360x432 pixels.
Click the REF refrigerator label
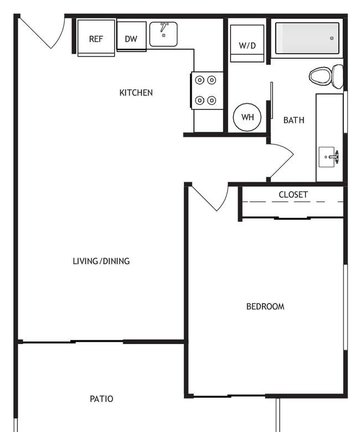click(96, 39)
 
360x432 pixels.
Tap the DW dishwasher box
click(131, 37)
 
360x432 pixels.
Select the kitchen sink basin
click(163, 34)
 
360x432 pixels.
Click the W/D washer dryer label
click(248, 45)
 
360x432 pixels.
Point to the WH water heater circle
click(247, 117)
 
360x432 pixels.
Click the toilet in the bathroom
click(326, 76)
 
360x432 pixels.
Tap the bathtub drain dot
click(332, 38)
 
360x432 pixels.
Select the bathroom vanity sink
click(328, 157)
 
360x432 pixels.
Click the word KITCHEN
click(136, 92)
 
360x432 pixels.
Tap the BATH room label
click(294, 120)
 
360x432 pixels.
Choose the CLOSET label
click(293, 194)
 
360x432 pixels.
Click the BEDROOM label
click(265, 306)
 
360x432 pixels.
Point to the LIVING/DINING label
click(101, 261)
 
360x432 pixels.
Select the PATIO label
click(101, 399)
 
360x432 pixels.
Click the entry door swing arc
click(60, 35)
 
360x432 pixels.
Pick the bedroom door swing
click(224, 201)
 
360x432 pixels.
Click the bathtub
click(307, 38)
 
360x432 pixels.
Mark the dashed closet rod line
click(293, 202)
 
